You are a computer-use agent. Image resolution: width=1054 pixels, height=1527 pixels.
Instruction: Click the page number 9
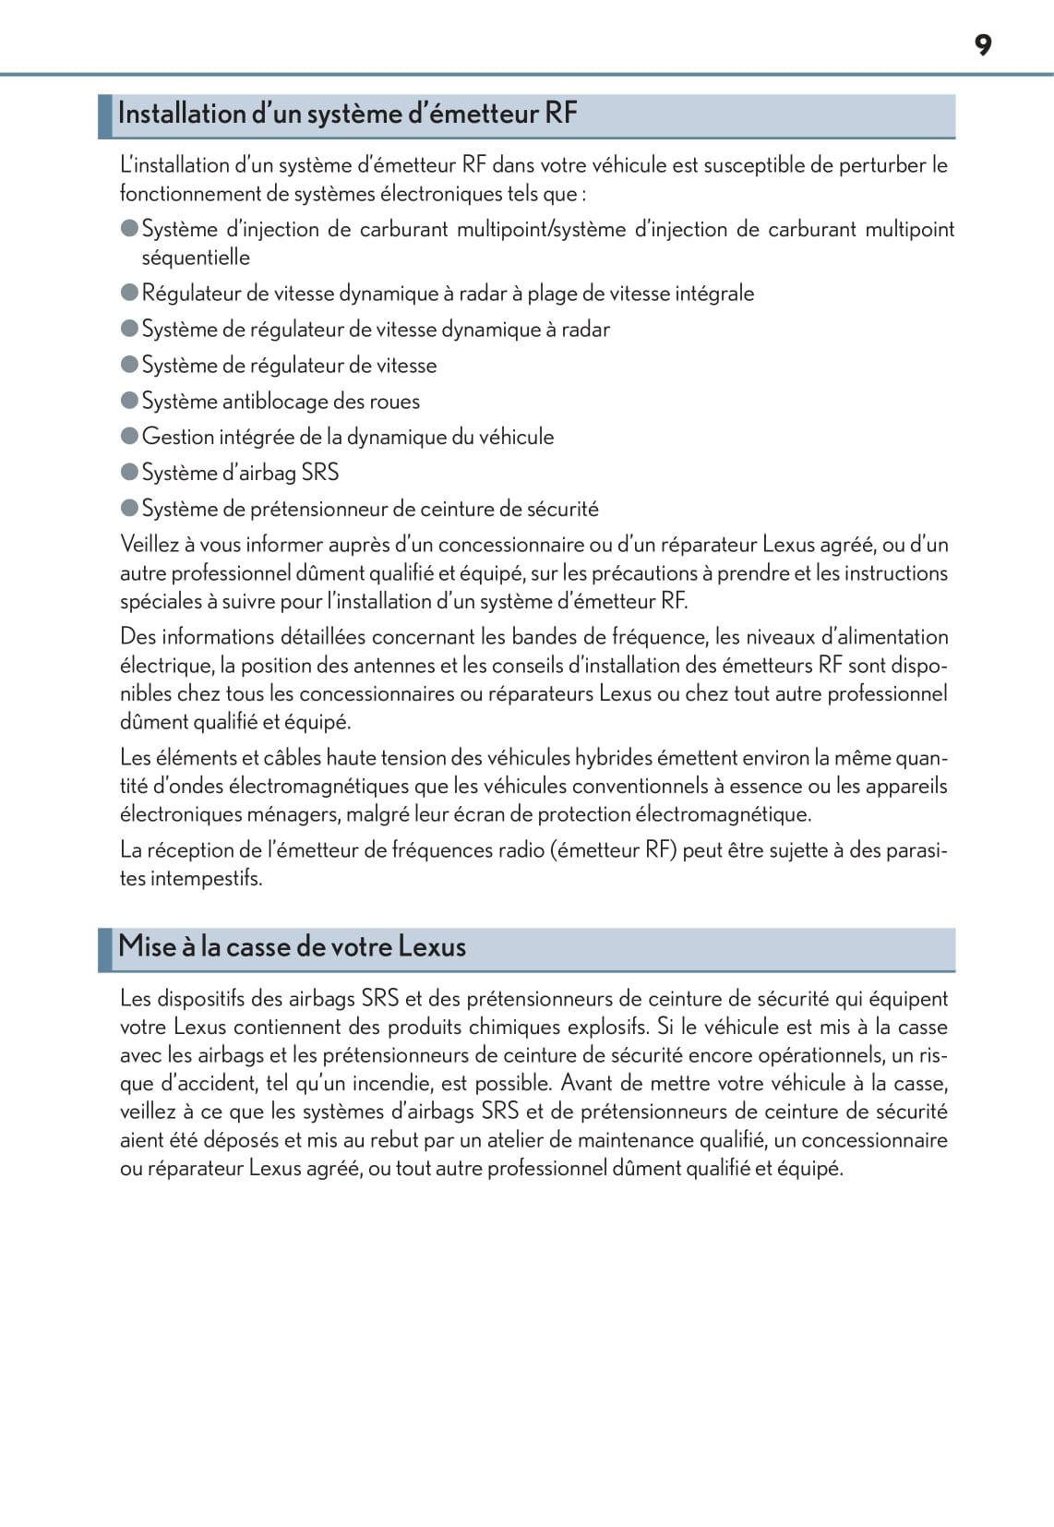[x=983, y=45]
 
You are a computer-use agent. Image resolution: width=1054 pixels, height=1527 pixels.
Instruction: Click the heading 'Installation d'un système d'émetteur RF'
[x=347, y=114]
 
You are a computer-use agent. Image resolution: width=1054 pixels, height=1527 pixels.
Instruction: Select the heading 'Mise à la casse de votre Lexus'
[x=292, y=946]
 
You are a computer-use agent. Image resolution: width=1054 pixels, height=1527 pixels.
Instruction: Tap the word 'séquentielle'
[x=196, y=258]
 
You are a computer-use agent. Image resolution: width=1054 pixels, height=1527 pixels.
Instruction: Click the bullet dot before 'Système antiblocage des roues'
[x=129, y=401]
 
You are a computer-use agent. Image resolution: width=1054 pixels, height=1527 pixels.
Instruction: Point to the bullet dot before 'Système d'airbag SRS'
[x=129, y=472]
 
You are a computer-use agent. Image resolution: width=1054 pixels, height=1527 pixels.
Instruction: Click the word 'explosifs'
[x=606, y=1027]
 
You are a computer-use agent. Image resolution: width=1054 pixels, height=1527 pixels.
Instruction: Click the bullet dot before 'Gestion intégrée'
[x=129, y=436]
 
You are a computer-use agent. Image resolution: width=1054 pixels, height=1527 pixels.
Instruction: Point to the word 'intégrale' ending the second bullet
[x=714, y=294]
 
